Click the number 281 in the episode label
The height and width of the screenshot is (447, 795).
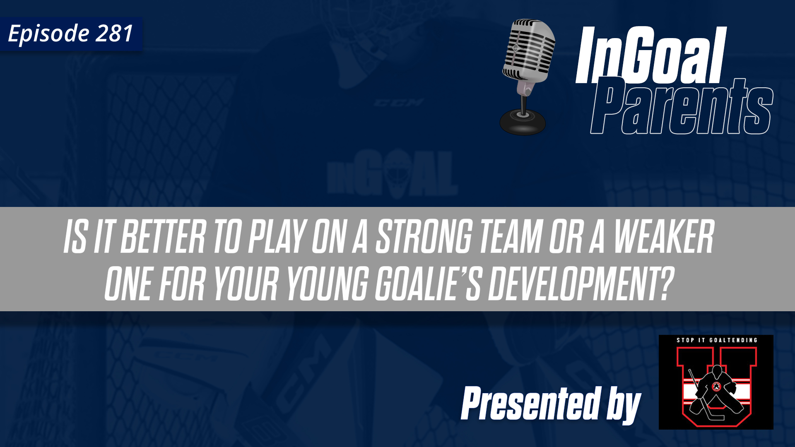pyautogui.click(x=114, y=34)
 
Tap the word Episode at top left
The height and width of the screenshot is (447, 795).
pyautogui.click(x=49, y=34)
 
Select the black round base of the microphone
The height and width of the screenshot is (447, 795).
pyautogui.click(x=523, y=122)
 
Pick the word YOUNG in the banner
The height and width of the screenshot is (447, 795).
pyautogui.click(x=328, y=284)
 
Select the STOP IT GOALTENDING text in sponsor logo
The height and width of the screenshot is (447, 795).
pyautogui.click(x=717, y=340)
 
